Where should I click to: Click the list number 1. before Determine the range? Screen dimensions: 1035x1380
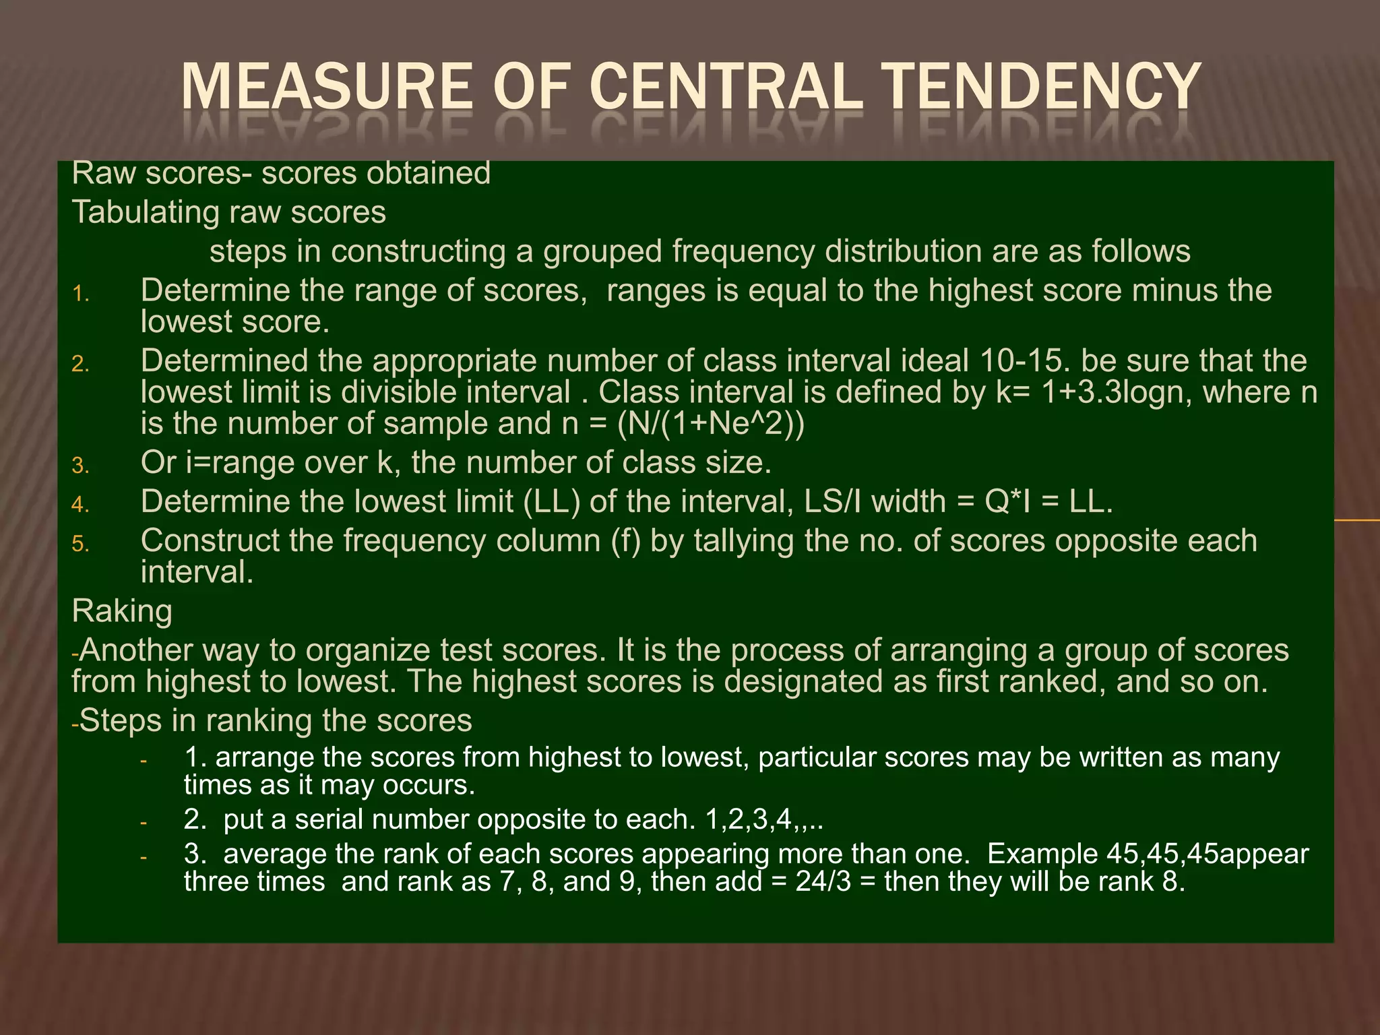click(x=81, y=294)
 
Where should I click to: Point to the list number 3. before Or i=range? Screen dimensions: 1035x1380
click(x=81, y=466)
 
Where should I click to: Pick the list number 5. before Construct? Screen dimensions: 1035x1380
click(x=81, y=544)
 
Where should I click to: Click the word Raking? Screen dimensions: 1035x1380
click(x=122, y=612)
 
